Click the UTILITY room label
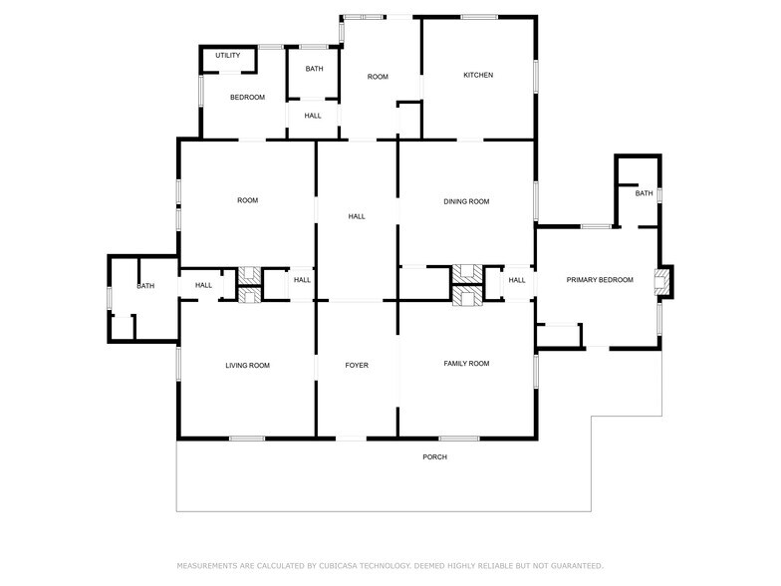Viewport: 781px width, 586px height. click(227, 56)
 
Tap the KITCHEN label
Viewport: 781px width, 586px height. click(478, 76)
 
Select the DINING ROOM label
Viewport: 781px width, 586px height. click(466, 202)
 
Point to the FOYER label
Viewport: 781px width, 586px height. click(357, 366)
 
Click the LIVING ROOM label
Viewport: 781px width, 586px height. click(247, 366)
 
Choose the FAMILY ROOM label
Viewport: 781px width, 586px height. click(466, 364)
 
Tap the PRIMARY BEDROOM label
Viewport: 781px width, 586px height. click(600, 280)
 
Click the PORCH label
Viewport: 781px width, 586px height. click(434, 457)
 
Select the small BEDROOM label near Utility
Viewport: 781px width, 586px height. click(247, 98)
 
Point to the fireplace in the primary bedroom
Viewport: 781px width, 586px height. click(661, 280)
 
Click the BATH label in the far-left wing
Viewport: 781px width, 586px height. click(145, 287)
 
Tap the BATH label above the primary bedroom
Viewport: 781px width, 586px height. click(645, 193)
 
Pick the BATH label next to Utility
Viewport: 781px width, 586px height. click(314, 69)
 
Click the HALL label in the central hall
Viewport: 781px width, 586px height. click(357, 216)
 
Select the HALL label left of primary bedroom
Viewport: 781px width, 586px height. click(517, 281)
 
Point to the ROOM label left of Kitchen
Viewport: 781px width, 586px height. click(378, 77)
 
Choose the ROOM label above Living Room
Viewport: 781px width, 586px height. click(247, 201)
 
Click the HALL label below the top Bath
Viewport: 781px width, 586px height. click(313, 116)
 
